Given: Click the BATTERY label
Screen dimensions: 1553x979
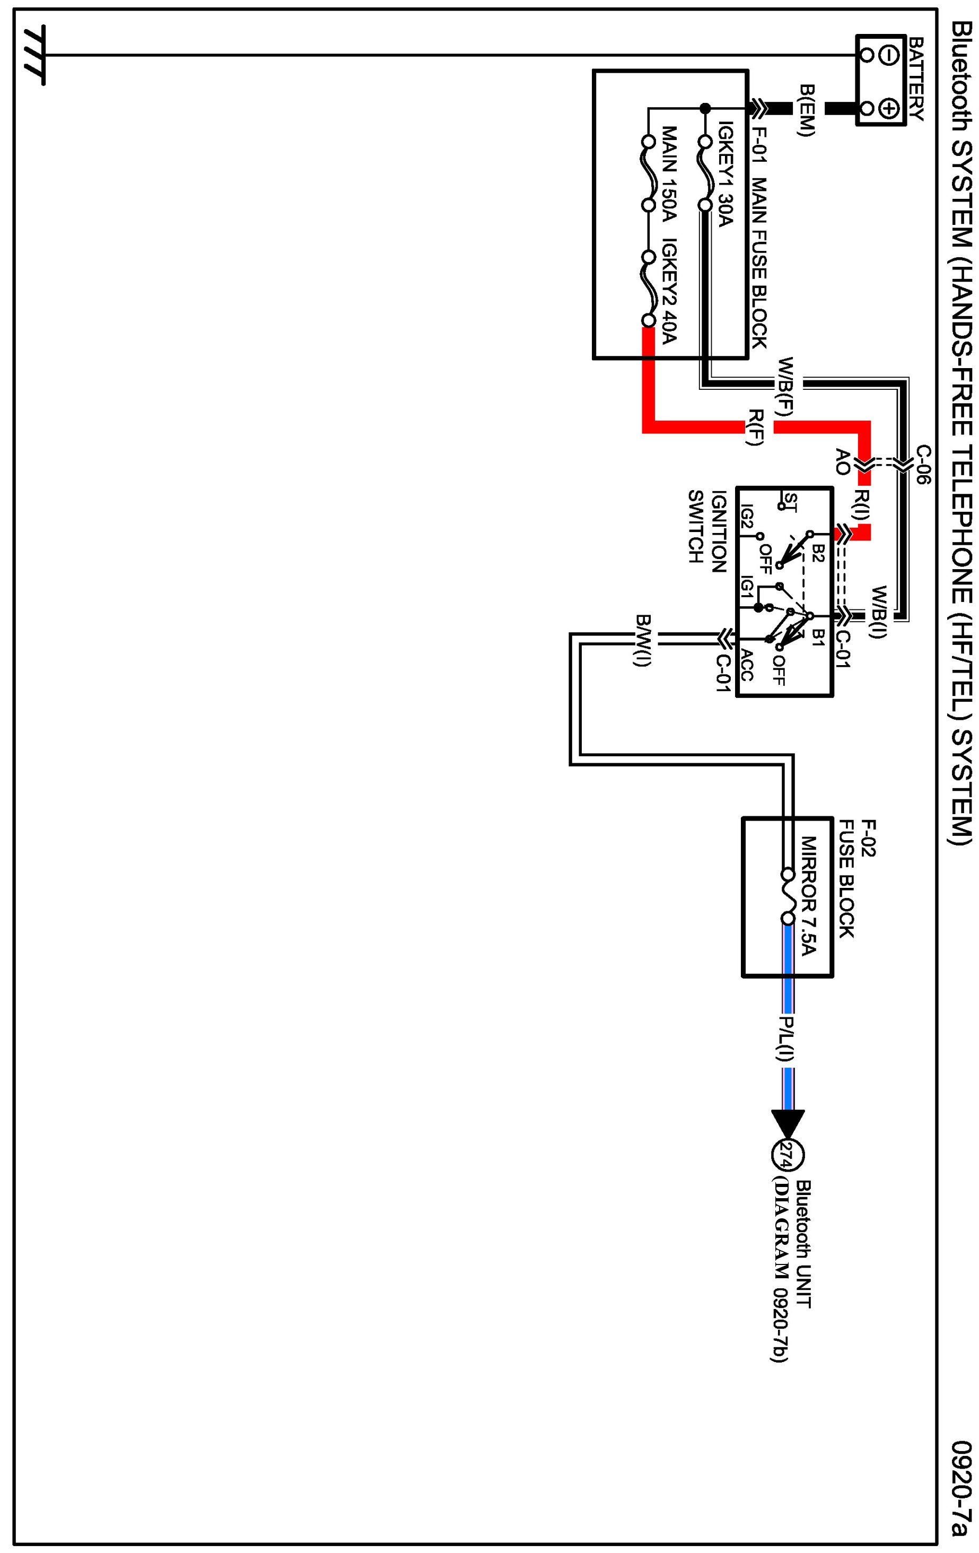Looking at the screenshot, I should [x=915, y=78].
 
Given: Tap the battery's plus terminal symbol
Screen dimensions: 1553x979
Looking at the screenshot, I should [x=889, y=108].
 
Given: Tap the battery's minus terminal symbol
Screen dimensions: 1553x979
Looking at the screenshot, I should [x=889, y=56].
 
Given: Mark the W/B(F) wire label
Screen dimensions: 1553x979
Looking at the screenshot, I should [x=787, y=386].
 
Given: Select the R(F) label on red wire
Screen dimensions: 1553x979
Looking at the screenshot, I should [x=755, y=427].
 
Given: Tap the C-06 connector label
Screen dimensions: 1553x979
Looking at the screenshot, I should [x=923, y=464].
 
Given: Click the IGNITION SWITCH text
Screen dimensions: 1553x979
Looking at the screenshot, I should [x=708, y=526].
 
